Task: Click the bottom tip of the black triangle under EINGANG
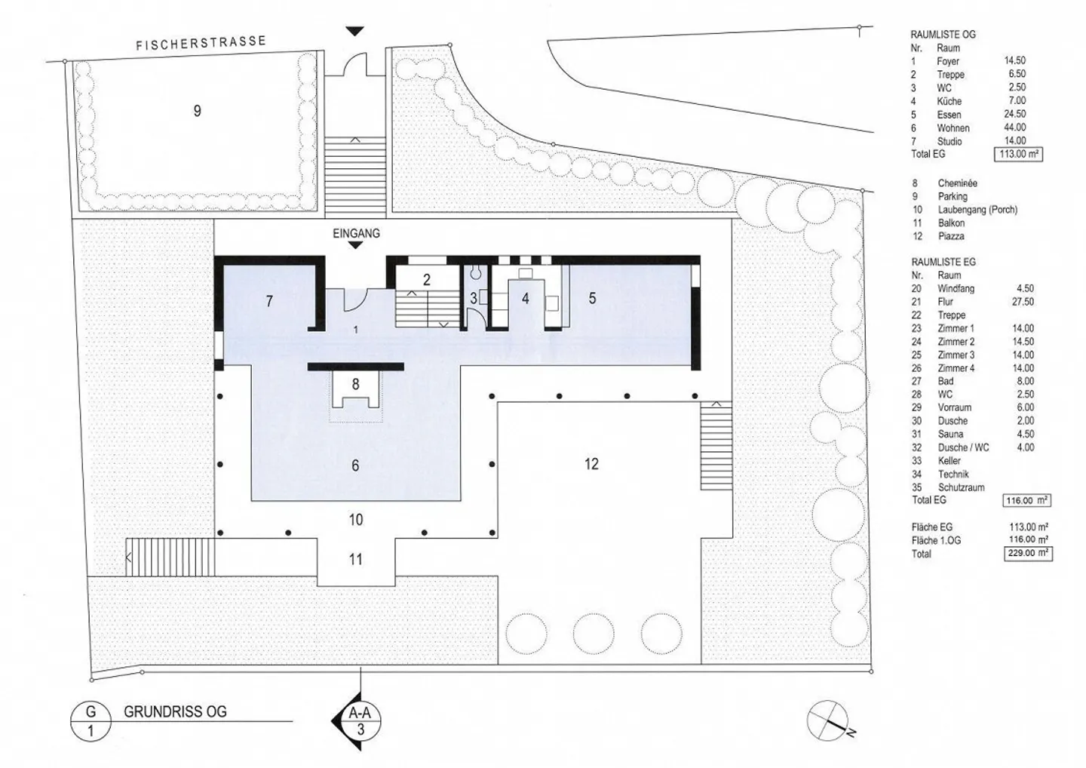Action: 355,249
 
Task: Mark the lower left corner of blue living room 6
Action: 251,500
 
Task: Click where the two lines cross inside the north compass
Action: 827,720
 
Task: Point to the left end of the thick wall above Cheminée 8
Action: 308,367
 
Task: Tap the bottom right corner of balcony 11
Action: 394,585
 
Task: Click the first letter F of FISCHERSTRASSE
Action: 139,46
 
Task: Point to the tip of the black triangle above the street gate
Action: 355,35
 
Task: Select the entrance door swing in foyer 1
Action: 356,300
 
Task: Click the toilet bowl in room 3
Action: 476,272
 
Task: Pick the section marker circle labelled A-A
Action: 360,720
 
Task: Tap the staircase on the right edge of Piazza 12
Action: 716,446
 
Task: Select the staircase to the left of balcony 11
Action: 170,557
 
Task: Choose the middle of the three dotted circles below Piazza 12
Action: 594,634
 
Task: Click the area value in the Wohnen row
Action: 1015,127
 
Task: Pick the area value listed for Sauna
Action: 1026,434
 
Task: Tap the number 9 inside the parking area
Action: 198,111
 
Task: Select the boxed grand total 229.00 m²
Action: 1028,553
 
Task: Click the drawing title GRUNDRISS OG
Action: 175,711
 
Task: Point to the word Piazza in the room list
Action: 951,236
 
